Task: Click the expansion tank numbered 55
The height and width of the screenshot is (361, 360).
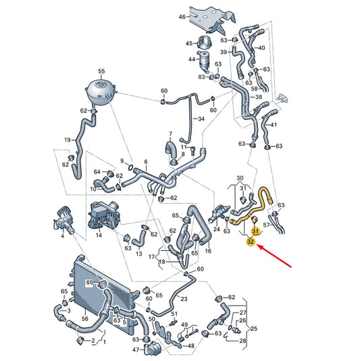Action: (x=101, y=91)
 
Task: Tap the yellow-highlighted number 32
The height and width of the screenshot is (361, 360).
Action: (x=251, y=242)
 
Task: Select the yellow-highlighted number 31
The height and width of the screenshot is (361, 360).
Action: (x=255, y=231)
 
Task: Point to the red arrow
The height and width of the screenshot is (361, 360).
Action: (x=274, y=256)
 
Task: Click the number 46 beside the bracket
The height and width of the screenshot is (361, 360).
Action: (x=182, y=17)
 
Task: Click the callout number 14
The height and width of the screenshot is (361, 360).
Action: (x=99, y=235)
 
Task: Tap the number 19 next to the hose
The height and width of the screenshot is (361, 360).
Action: (x=68, y=140)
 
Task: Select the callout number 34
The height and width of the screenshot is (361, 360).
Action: (x=201, y=119)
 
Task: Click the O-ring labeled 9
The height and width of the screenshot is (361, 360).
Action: (x=130, y=167)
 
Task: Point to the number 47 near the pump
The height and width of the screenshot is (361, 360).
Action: (x=136, y=350)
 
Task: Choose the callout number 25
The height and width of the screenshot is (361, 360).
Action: (x=254, y=329)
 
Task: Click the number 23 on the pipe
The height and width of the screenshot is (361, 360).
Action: (x=184, y=299)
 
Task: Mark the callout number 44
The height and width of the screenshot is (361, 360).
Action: (x=192, y=59)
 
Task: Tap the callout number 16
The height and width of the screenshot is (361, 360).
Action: (x=208, y=251)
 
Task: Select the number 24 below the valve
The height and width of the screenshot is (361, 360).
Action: (x=216, y=229)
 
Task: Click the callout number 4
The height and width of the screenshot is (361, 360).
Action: (x=62, y=235)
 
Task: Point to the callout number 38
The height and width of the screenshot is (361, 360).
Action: (x=259, y=97)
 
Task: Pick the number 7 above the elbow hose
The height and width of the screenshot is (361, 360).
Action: (x=170, y=134)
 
